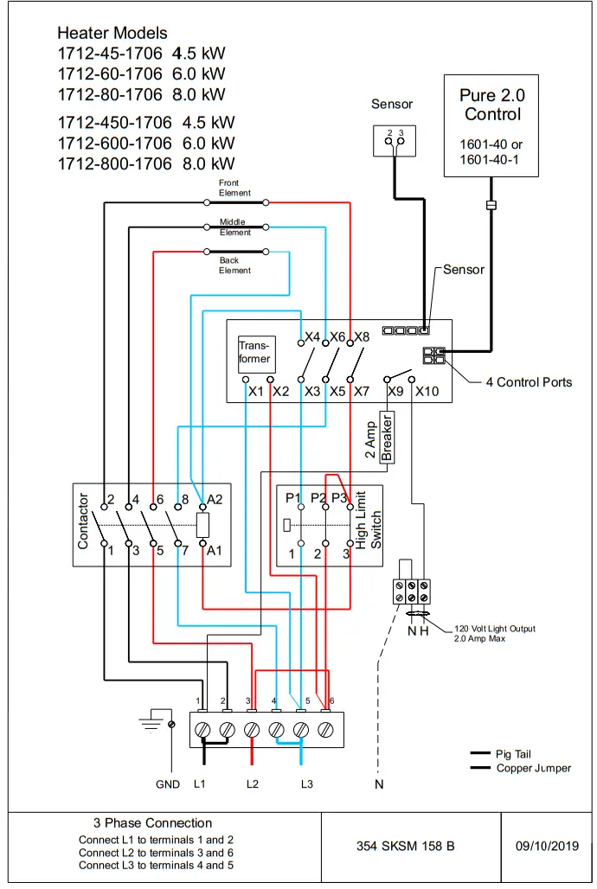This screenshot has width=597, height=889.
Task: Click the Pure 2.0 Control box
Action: pos(491,125)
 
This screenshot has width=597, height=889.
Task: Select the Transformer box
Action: pos(255,353)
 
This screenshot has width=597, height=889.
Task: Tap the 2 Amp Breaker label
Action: pos(378,440)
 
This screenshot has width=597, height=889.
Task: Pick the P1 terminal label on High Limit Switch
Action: pos(292,498)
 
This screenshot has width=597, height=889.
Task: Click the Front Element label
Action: pos(234,188)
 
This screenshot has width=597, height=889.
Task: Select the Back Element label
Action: pos(234,265)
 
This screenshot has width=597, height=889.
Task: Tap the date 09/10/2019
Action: pos(546,846)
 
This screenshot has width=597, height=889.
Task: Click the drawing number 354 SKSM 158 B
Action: pos(405,846)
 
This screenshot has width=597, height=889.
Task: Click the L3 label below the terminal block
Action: pos(307,784)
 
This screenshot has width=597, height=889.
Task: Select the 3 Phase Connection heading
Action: pos(152,823)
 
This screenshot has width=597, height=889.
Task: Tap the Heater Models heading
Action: pos(112,33)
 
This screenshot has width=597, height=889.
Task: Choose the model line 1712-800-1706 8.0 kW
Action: pos(146,163)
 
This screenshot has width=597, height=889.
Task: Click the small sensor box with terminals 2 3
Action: pos(395,140)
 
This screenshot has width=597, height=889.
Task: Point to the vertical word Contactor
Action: pos(84,521)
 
